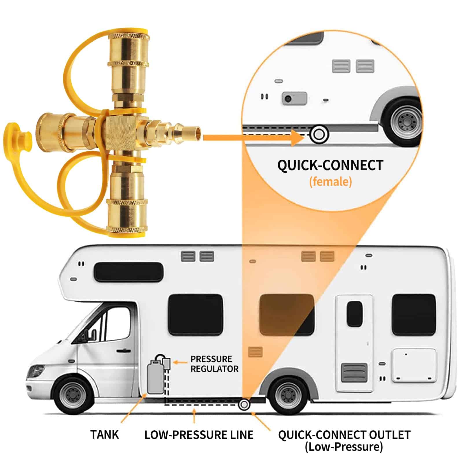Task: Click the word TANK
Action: [104, 435]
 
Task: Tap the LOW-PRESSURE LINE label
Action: [199, 435]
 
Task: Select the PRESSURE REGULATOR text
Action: [214, 364]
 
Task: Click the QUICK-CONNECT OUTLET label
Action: [344, 435]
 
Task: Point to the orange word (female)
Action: [330, 182]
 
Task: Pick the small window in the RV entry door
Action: [354, 314]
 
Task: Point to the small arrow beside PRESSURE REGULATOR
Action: [180, 362]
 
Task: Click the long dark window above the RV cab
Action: [128, 272]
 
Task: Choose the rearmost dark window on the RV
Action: [414, 315]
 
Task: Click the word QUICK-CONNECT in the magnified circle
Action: [330, 166]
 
